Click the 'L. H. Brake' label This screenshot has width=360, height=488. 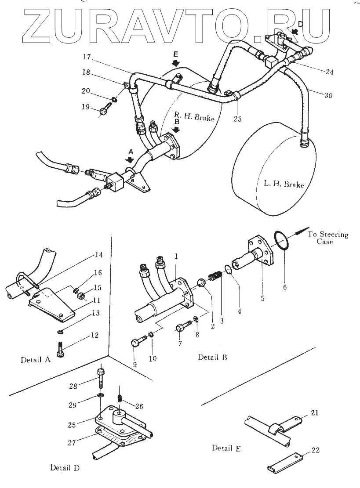[284, 184]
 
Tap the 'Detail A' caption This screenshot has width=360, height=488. [36, 359]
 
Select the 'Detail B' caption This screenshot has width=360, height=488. [212, 357]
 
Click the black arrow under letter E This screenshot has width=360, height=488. [176, 64]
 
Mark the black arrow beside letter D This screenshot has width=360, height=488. [294, 31]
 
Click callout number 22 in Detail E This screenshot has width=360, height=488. [315, 450]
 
